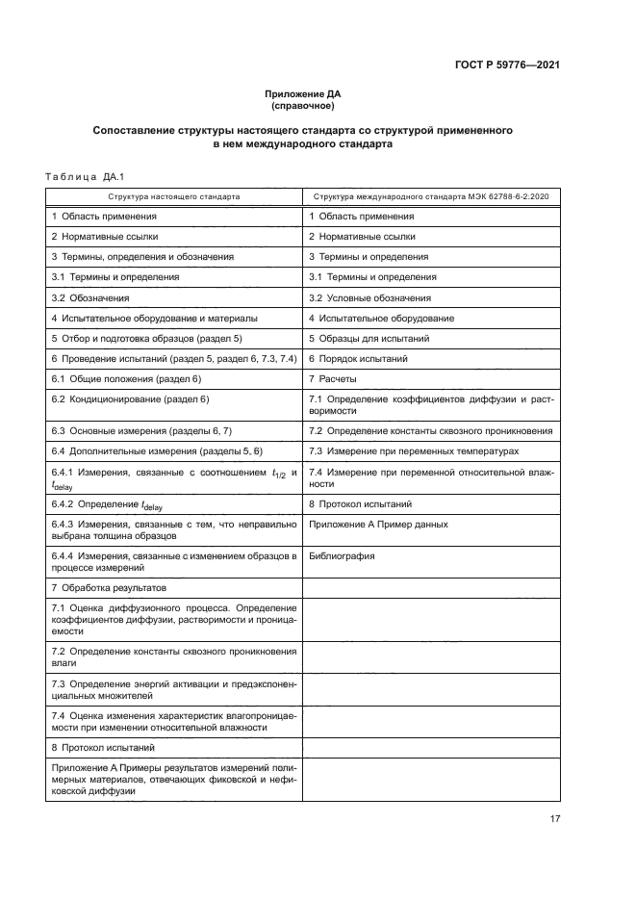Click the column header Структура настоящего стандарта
click(173, 195)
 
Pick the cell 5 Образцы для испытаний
click(369, 338)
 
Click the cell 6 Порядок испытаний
click(358, 358)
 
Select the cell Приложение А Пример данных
click(378, 524)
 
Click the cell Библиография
click(342, 555)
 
